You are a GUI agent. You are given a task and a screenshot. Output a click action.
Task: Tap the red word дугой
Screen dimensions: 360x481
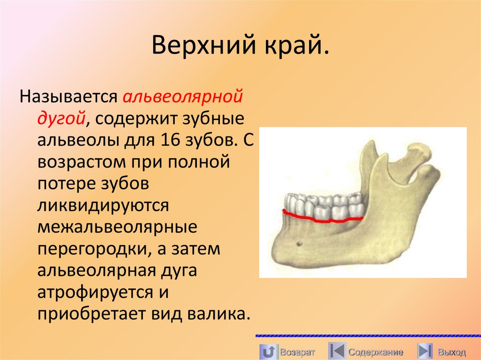coord(61,117)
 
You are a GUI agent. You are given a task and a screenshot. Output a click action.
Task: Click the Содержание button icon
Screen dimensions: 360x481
coord(336,351)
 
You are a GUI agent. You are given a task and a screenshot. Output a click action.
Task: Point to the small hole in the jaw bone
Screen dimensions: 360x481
coord(298,243)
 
